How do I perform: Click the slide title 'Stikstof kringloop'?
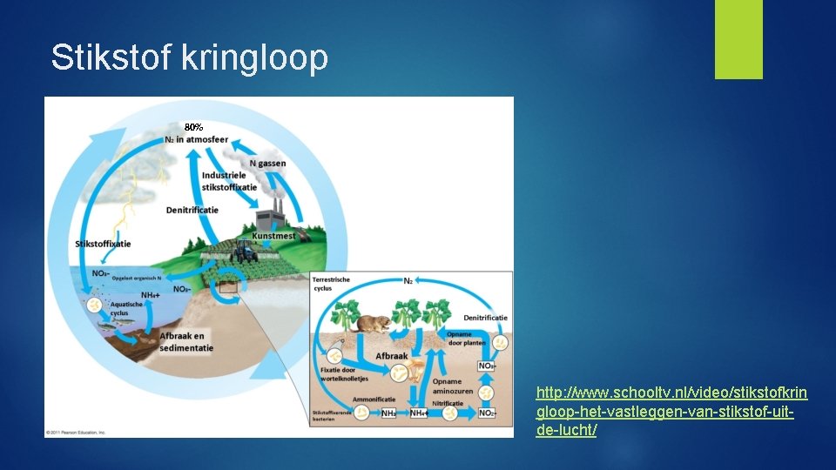[x=189, y=58]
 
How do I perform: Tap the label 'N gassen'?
[x=267, y=164]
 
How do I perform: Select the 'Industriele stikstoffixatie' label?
[x=228, y=181]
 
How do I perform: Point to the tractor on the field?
[x=246, y=252]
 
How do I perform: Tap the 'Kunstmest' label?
[x=273, y=235]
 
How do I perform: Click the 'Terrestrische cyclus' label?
[x=332, y=283]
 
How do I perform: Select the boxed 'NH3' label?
[x=388, y=413]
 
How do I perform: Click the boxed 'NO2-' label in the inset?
[x=485, y=413]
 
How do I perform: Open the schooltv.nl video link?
[x=671, y=411]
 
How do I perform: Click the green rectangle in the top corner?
[x=738, y=39]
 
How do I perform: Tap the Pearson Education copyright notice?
[x=77, y=433]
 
